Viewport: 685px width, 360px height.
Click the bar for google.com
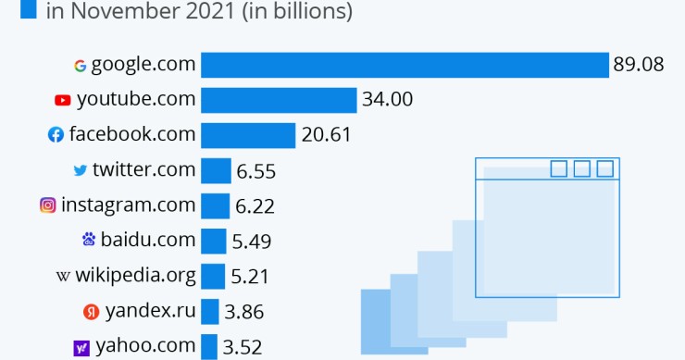[404, 65]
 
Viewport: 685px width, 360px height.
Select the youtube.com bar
[279, 100]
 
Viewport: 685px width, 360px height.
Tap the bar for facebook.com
[248, 135]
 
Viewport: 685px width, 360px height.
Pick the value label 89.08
[639, 65]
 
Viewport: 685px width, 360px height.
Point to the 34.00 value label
[388, 100]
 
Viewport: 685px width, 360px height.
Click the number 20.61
[326, 135]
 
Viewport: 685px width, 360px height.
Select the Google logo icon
[81, 66]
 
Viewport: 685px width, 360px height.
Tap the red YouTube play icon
[63, 100]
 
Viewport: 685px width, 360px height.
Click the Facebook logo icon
[56, 135]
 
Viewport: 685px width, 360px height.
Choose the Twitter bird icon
[81, 170]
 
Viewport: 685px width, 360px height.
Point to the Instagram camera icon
[47, 205]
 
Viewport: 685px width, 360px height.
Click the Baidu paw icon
[89, 241]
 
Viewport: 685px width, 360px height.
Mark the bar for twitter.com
[216, 170]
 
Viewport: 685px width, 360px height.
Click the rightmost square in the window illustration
[604, 168]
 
